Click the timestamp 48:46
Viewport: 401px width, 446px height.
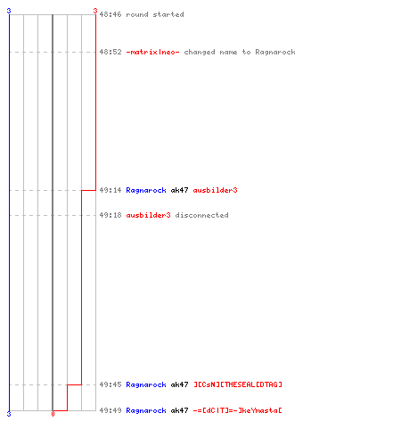pyautogui.click(x=110, y=14)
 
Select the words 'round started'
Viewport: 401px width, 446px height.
pyautogui.click(x=155, y=14)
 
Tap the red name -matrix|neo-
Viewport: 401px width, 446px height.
pyautogui.click(x=152, y=52)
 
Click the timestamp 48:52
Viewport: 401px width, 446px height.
pyautogui.click(x=110, y=52)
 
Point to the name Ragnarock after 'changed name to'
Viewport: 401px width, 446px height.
pyautogui.click(x=275, y=53)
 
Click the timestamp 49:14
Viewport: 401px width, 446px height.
pyautogui.click(x=110, y=190)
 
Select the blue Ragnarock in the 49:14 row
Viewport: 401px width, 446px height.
pyautogui.click(x=146, y=190)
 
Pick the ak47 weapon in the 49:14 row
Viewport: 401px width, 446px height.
pyautogui.click(x=179, y=190)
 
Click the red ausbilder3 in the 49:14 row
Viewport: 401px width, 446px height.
pyautogui.click(x=216, y=190)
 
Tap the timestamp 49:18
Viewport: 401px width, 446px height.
pyautogui.click(x=110, y=215)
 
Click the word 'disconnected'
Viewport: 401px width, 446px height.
pyautogui.click(x=202, y=215)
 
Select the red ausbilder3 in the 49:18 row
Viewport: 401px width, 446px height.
pyautogui.click(x=148, y=215)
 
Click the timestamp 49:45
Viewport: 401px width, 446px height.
pyautogui.click(x=110, y=384)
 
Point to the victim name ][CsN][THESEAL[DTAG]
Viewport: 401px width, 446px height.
pyautogui.click(x=238, y=384)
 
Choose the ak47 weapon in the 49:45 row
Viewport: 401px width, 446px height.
pyautogui.click(x=179, y=384)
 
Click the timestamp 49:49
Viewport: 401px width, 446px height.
pyautogui.click(x=110, y=410)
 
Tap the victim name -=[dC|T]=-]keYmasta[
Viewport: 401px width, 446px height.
pyautogui.click(x=238, y=410)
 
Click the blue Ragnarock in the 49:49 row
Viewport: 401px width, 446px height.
pyautogui.click(x=146, y=410)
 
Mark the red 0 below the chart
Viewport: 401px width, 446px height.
pyautogui.click(x=53, y=414)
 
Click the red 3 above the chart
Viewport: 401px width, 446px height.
pyautogui.click(x=95, y=11)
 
